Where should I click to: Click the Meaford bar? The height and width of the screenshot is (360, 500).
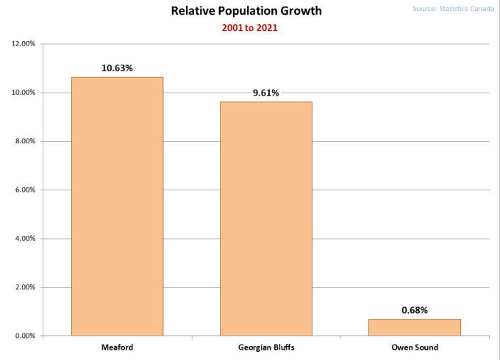(x=117, y=206)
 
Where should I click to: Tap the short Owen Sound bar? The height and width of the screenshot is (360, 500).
(x=415, y=327)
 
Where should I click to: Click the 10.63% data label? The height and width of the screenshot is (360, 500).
(x=117, y=68)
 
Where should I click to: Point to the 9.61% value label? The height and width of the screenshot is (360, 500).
(x=265, y=93)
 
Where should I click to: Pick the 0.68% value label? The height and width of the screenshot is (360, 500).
(x=415, y=310)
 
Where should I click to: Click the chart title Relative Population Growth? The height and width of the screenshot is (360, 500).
(x=246, y=11)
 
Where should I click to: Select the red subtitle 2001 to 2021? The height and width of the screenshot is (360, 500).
(x=246, y=28)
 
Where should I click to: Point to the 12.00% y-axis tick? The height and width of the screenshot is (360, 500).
(x=24, y=44)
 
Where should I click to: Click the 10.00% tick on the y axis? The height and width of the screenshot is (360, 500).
(x=24, y=93)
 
